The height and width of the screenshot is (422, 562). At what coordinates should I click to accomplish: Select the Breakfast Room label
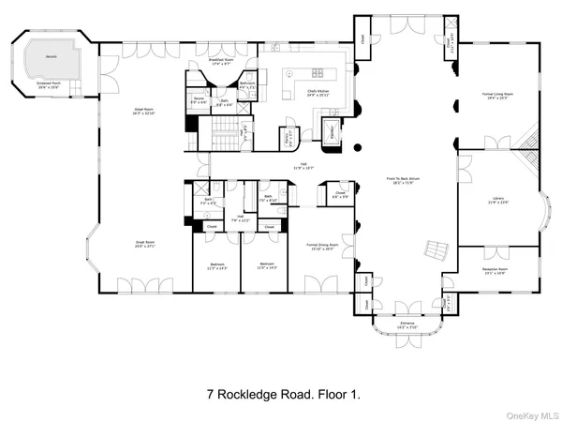(222, 61)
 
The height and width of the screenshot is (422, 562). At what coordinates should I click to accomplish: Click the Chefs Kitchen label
(317, 94)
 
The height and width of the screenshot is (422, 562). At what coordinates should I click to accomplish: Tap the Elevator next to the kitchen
(333, 130)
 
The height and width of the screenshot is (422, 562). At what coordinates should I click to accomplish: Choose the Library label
(498, 200)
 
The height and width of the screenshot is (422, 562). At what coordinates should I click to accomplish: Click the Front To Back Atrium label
(406, 180)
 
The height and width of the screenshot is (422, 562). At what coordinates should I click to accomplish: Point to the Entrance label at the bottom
(407, 325)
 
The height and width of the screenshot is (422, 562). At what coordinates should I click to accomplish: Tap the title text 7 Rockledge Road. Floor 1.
(280, 395)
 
